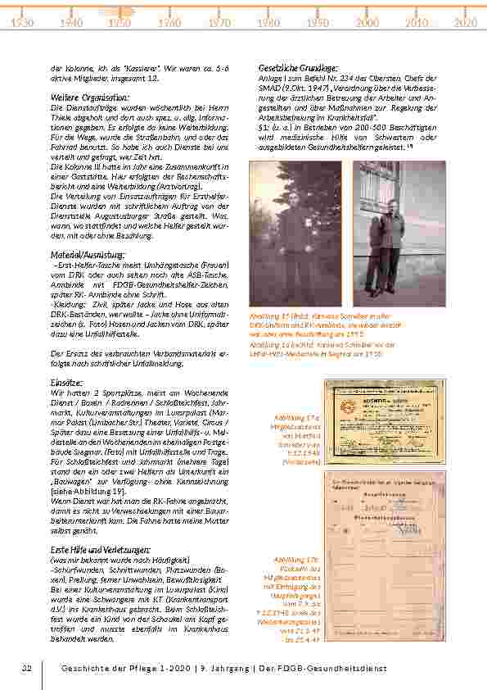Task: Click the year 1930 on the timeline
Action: point(22,24)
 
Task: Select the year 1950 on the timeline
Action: point(119,24)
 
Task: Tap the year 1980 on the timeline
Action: point(268,24)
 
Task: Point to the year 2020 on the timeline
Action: point(465,24)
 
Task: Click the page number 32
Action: point(26,669)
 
